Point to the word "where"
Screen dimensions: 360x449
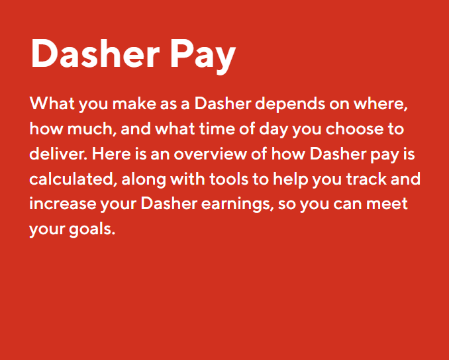point(377,104)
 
